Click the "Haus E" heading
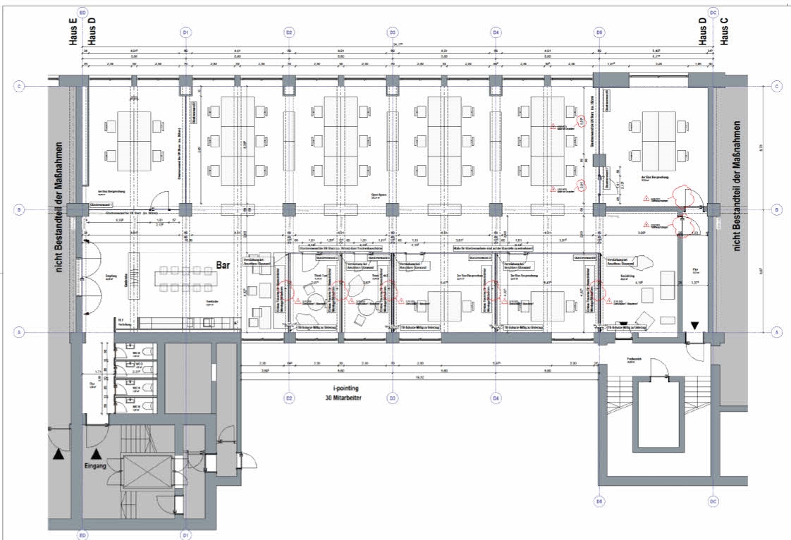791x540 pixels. pos(73,32)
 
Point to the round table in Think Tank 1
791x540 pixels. pos(308,290)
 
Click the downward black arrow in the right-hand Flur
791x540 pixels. pos(695,325)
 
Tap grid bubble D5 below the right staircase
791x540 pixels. pos(599,502)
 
